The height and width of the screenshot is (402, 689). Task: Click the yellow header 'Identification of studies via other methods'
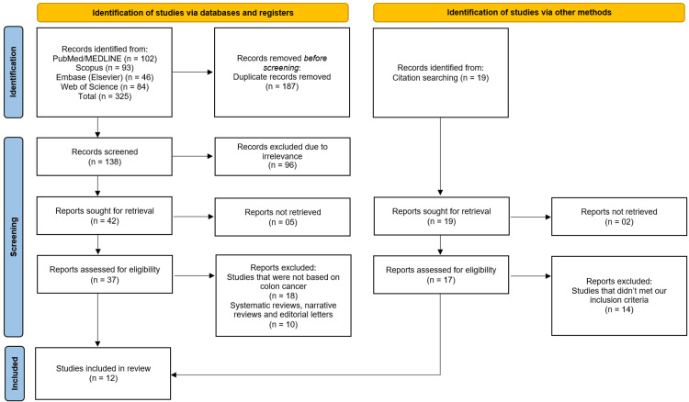528,12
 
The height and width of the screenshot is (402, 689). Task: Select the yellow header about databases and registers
193,12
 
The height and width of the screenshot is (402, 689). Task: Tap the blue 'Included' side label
15,374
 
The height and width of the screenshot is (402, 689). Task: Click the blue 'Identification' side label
14,72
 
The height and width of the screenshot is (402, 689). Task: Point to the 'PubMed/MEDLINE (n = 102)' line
105,59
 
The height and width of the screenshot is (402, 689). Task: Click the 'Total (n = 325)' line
105,96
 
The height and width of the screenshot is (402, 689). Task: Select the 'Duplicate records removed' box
282,73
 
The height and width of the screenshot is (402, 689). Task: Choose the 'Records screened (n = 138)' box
105,157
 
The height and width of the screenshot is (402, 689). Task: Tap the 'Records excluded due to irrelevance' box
283,157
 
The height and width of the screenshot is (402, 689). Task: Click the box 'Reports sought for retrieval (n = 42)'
105,216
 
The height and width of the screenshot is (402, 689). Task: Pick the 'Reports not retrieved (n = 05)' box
283,217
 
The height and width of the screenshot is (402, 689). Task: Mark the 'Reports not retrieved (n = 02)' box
619,217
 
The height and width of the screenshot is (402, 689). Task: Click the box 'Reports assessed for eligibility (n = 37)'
105,274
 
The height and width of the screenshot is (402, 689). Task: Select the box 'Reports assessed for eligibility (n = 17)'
441,274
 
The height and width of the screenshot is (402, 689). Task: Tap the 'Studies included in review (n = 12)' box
103,374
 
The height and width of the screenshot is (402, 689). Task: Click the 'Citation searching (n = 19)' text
441,78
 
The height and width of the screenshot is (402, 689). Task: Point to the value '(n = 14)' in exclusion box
619,309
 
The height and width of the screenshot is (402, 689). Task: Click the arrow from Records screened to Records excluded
193,156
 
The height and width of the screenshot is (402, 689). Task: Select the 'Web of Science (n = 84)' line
105,87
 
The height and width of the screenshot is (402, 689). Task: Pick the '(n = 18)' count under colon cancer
283,296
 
